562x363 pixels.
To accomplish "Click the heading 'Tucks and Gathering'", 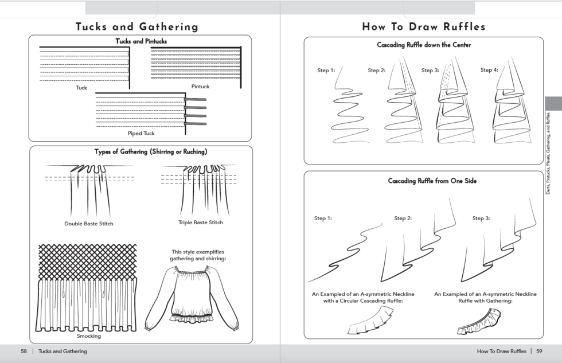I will (137, 26).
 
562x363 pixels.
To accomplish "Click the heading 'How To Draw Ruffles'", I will (423, 26).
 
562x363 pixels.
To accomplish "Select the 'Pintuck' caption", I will (200, 87).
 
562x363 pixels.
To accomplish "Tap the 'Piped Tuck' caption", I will (141, 134).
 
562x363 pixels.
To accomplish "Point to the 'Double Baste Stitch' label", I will (89, 224).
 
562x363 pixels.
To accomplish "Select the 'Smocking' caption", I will (88, 336).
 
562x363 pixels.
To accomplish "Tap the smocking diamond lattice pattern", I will (87, 260).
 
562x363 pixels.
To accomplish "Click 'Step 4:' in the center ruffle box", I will (489, 70).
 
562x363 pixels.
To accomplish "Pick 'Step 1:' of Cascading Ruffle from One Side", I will (323, 218).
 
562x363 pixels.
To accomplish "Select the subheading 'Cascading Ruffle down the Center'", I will (424, 45).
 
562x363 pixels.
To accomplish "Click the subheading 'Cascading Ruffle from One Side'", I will (424, 181).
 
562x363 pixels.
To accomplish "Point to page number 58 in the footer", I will (24, 351).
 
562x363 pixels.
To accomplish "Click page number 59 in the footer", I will (539, 351).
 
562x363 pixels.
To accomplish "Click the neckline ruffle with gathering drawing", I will (479, 321).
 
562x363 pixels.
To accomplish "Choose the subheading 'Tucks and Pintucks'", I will (141, 41).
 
